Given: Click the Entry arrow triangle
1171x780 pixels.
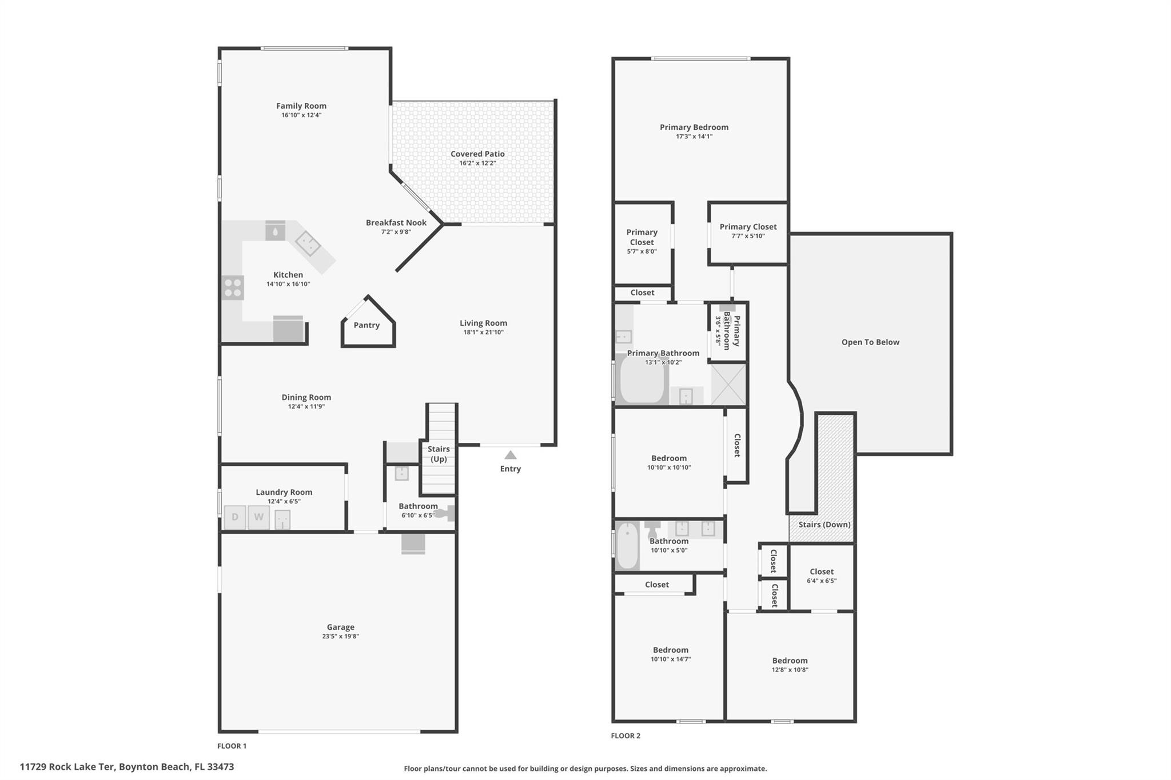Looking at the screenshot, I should click(x=510, y=455).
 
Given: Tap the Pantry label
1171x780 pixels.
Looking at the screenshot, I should click(x=367, y=325).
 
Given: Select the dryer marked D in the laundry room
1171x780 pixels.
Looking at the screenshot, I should click(x=234, y=517).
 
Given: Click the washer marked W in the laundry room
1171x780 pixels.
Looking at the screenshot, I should click(x=258, y=517).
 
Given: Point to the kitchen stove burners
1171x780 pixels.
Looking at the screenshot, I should click(x=233, y=287).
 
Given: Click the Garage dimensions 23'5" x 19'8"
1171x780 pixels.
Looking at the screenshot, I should click(x=340, y=636).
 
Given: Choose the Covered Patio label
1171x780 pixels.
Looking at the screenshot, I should click(x=477, y=154).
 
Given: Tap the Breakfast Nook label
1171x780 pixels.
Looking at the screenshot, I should click(x=396, y=223).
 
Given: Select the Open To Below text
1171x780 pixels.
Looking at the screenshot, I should click(x=870, y=342).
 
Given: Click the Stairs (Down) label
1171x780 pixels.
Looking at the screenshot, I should click(x=825, y=525).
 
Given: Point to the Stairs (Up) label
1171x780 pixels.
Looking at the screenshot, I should click(x=439, y=454).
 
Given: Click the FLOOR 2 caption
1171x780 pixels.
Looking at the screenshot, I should click(x=626, y=735).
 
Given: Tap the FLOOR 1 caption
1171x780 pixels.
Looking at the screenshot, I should click(x=232, y=746).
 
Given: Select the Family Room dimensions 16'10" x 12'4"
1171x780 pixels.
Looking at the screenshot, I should click(x=301, y=115).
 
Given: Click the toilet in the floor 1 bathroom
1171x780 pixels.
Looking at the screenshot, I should click(x=444, y=513).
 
